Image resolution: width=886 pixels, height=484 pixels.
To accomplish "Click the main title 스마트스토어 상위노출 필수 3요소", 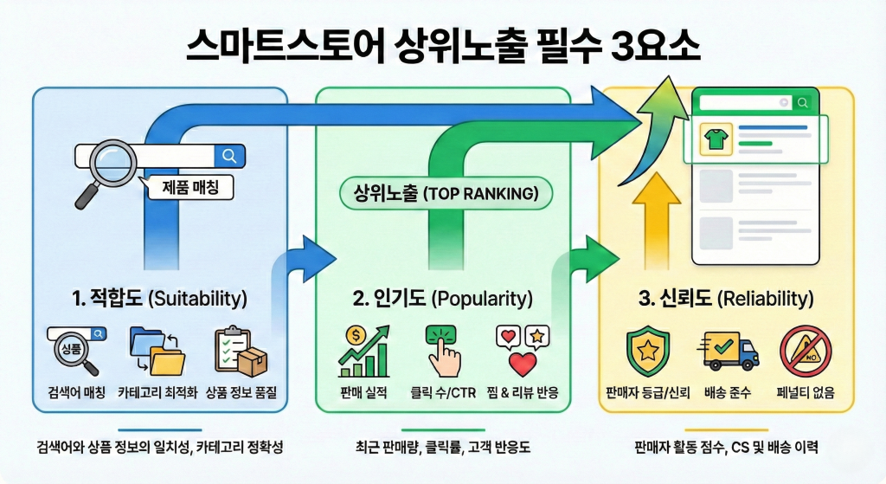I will coord(443,45).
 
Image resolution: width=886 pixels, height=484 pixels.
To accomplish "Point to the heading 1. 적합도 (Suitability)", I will coord(161,299).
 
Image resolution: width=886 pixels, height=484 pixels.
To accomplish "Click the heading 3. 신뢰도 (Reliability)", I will coord(726,299).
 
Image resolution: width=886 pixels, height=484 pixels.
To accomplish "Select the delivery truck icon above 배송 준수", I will coord(727,351).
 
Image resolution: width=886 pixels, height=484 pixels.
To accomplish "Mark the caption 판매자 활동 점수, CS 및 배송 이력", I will coord(726,448).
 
